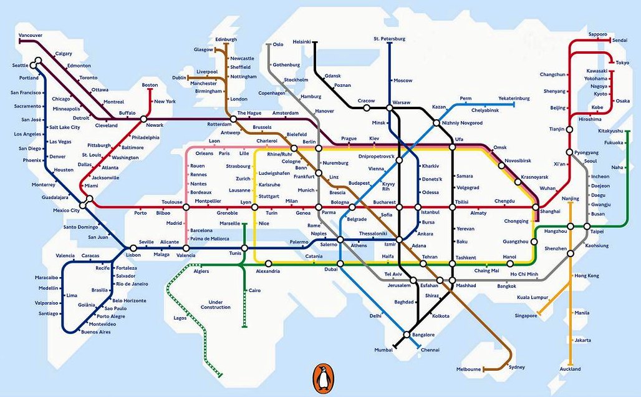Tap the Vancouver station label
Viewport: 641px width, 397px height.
pos(31,35)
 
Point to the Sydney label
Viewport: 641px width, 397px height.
pos(517,368)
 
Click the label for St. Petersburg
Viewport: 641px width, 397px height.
pos(389,39)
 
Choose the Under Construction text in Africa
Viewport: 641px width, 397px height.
pos(216,305)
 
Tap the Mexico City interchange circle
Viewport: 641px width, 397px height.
pos(88,200)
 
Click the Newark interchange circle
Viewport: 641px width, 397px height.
pos(143,119)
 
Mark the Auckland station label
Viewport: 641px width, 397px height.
pos(570,369)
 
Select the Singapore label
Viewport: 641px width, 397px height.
pos(526,316)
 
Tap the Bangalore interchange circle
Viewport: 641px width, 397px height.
pos(407,335)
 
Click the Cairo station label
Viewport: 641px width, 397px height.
pos(254,290)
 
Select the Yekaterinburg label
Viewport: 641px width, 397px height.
pos(513,98)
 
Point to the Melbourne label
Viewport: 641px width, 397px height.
pos(468,369)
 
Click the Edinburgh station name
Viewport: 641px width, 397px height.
pos(226,39)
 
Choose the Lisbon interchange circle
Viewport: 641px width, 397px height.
pos(133,248)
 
